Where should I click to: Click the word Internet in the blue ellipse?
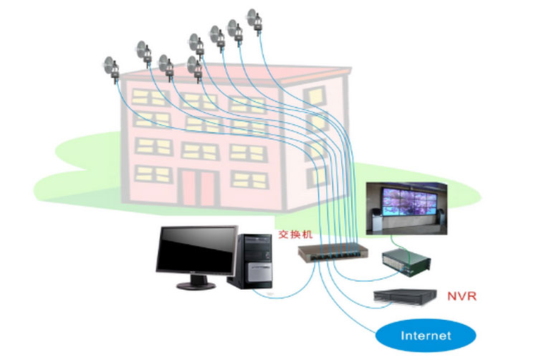(426, 336)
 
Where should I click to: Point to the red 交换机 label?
(295, 235)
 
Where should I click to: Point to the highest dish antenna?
(252, 16)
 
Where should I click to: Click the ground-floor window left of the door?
(151, 174)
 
